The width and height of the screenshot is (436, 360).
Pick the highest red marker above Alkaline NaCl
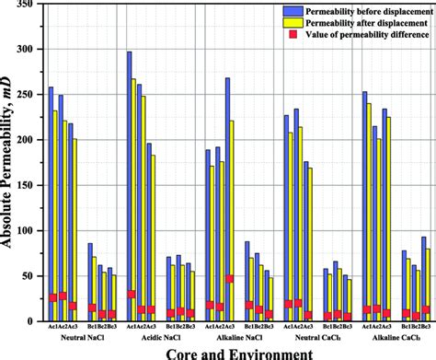pos(230,278)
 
